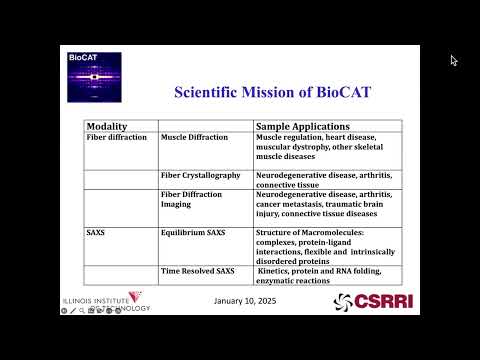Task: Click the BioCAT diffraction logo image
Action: click(x=94, y=77)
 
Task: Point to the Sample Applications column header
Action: click(x=302, y=127)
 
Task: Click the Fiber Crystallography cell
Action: click(x=200, y=175)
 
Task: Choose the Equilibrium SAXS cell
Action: click(x=195, y=231)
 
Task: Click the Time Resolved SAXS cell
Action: click(x=199, y=271)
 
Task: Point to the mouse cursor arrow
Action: click(x=453, y=60)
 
